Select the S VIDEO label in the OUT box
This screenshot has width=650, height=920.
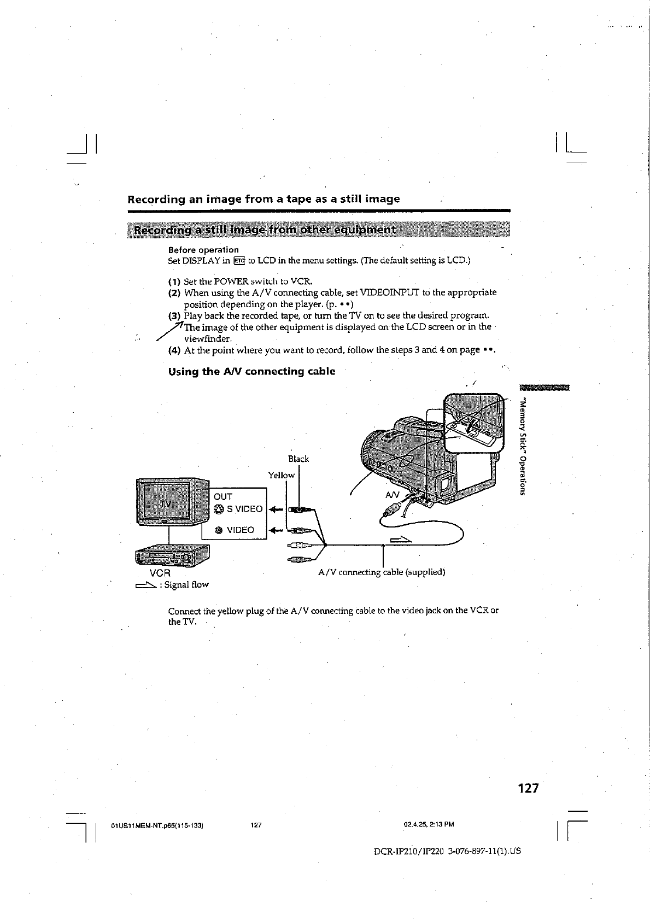tap(244, 509)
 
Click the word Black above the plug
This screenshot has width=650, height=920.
tap(298, 459)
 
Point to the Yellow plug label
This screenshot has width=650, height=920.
tap(282, 475)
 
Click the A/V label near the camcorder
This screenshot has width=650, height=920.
tap(393, 495)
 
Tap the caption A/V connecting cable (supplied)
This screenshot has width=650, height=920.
tap(382, 572)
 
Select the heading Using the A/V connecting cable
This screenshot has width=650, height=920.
tap(251, 372)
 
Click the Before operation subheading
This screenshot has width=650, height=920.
tap(203, 250)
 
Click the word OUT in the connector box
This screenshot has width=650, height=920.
tap(223, 496)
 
